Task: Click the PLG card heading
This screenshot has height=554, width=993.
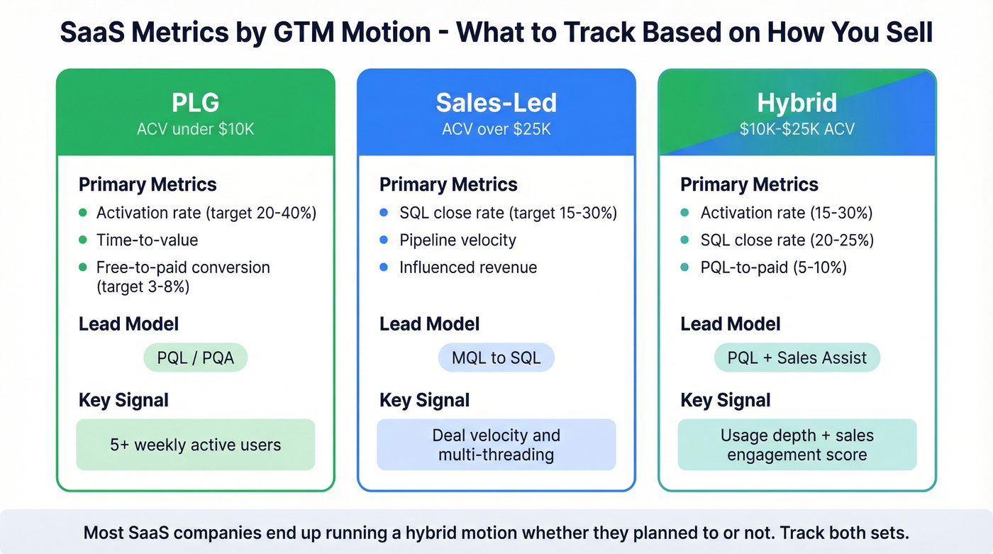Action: point(195,103)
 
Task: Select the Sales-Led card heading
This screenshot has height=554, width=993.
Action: point(496,103)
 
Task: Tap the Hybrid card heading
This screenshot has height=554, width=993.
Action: point(797,103)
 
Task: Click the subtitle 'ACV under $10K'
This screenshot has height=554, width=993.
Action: point(195,129)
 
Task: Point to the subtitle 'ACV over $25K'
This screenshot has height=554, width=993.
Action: point(496,129)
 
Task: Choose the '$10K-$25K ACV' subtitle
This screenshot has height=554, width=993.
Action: point(797,129)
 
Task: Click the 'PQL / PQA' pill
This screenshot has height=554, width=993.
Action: point(195,358)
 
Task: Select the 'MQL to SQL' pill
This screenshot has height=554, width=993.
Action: point(496,358)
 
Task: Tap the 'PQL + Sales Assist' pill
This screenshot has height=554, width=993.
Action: point(797,358)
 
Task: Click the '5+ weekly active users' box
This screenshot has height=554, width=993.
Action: point(195,445)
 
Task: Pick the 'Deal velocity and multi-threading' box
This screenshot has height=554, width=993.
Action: point(496,445)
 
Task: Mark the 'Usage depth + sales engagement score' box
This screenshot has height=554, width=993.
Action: point(797,445)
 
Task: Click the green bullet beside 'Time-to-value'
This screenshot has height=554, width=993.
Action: point(83,240)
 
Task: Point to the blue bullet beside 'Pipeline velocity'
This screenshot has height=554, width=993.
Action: point(384,240)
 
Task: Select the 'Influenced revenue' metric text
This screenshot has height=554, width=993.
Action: point(467,267)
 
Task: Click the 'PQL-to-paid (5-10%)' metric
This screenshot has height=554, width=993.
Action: point(773,267)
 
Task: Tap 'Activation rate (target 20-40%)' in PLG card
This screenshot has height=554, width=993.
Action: point(206,213)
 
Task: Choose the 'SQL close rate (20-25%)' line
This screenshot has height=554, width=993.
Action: point(787,240)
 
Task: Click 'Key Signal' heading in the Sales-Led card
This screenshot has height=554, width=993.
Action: point(424,400)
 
